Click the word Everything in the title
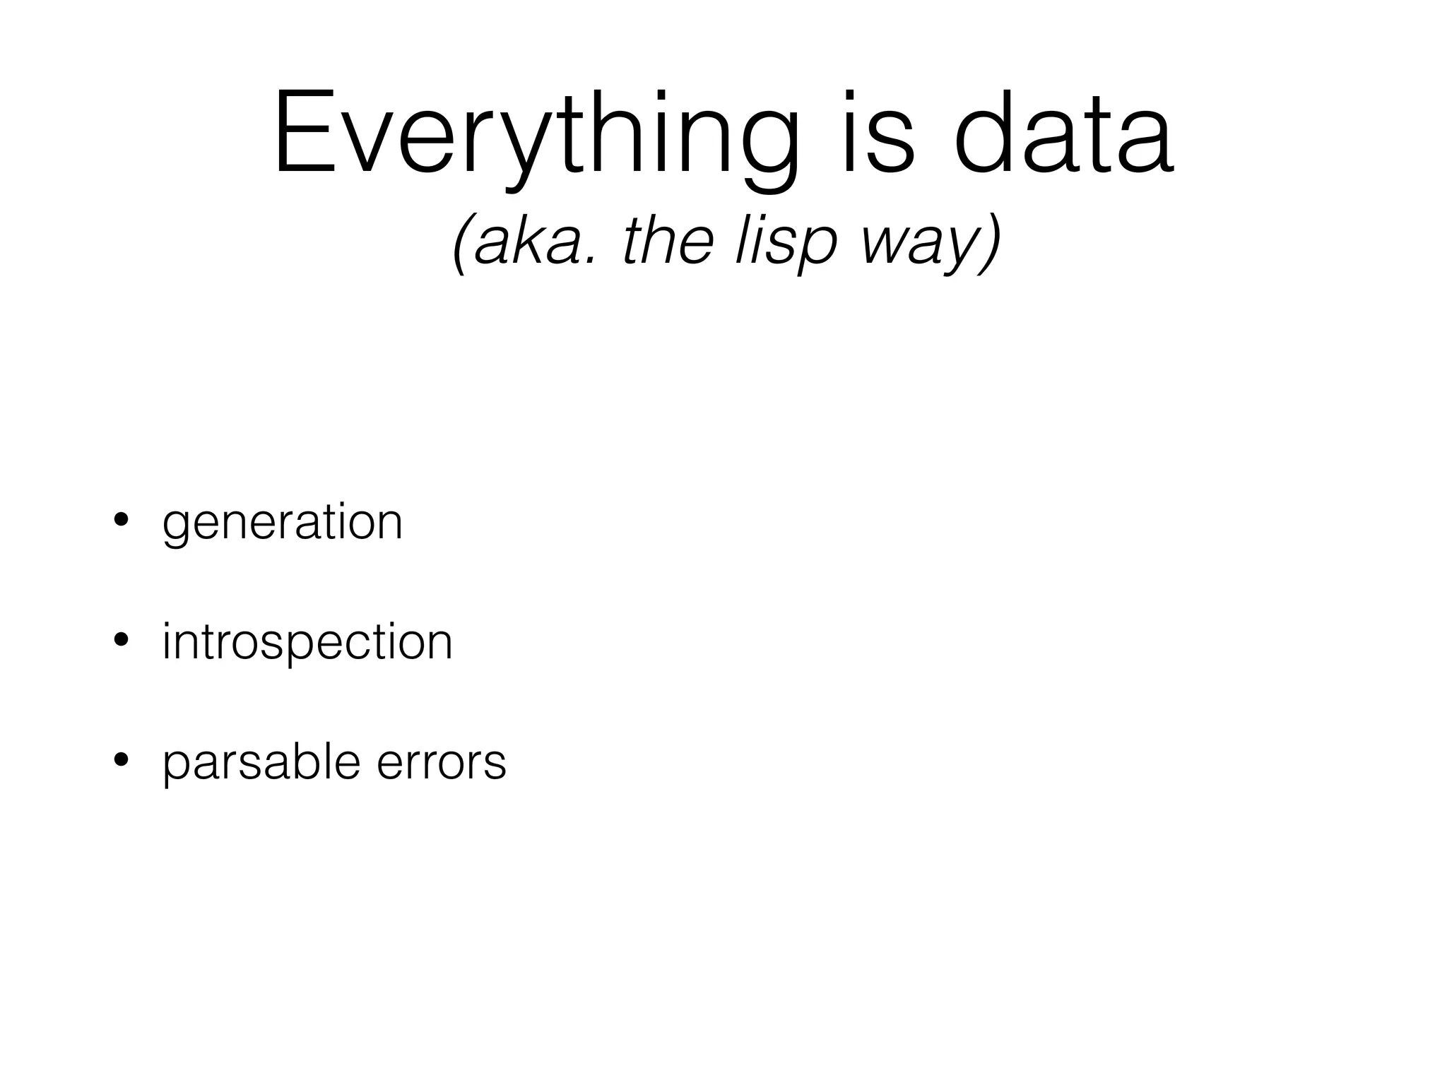(x=537, y=134)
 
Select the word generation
(x=283, y=523)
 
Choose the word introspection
(x=307, y=643)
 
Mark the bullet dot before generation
(x=121, y=521)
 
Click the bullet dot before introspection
(x=121, y=641)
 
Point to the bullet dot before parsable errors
(x=121, y=761)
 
